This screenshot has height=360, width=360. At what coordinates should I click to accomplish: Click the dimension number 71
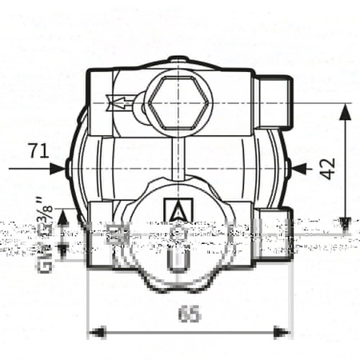tap(37, 150)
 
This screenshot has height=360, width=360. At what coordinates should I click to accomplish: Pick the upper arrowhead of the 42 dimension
tap(345, 113)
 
